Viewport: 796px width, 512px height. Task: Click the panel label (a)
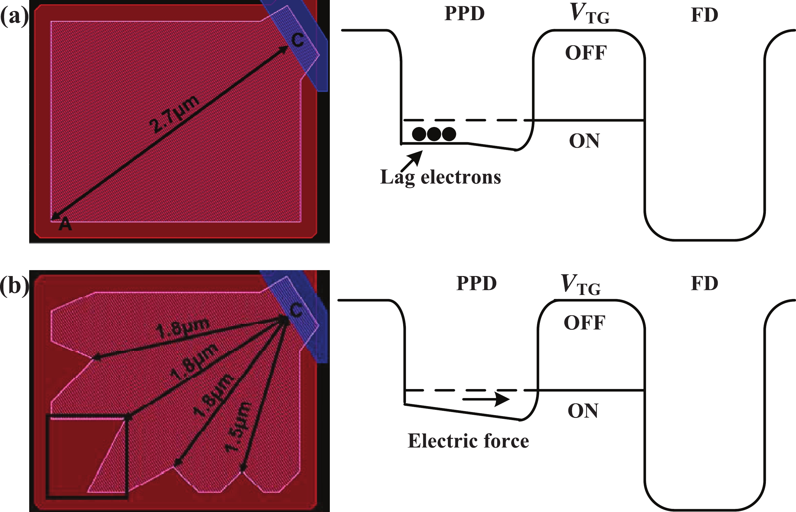pyautogui.click(x=14, y=17)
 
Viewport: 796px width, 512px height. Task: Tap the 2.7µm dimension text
pyautogui.click(x=174, y=114)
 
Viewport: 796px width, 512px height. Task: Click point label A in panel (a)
pyautogui.click(x=65, y=224)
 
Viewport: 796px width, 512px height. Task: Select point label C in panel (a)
pyautogui.click(x=297, y=41)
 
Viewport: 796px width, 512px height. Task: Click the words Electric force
pyautogui.click(x=468, y=441)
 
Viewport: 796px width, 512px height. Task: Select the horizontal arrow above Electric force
pyautogui.click(x=486, y=399)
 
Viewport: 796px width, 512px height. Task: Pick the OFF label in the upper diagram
pyautogui.click(x=586, y=53)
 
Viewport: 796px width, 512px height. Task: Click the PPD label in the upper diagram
pyautogui.click(x=465, y=14)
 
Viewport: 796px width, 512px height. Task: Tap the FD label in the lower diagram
pyautogui.click(x=704, y=283)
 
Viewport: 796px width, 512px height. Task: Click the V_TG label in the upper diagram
pyautogui.click(x=589, y=14)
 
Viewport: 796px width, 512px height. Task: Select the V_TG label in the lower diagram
pyautogui.click(x=580, y=285)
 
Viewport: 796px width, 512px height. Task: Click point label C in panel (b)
pyautogui.click(x=296, y=310)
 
